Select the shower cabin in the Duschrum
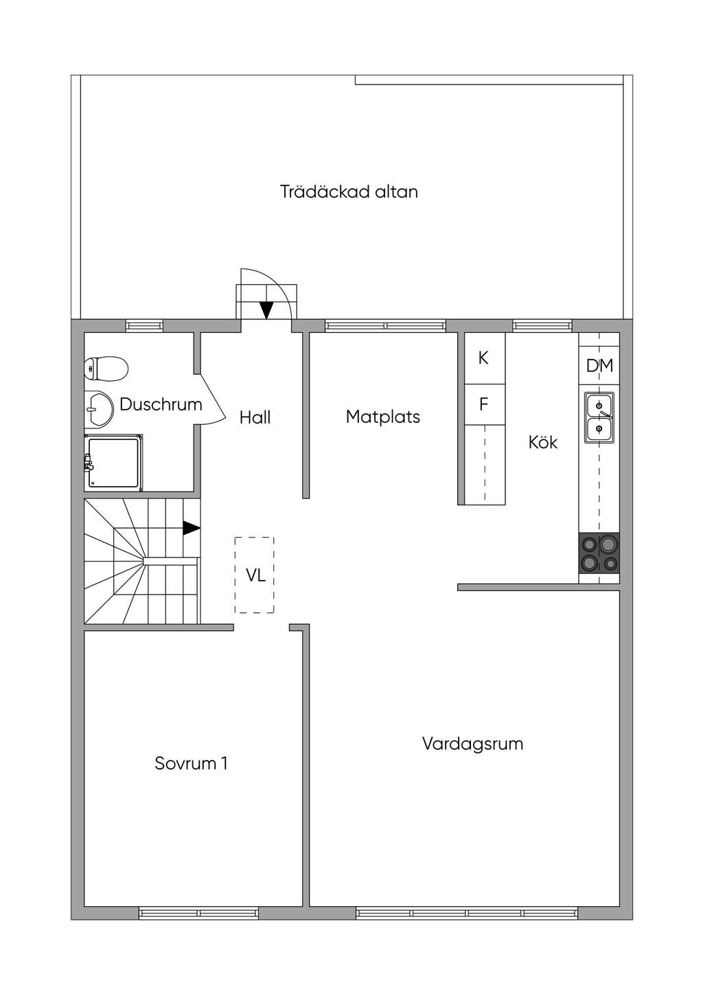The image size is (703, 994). pos(113,463)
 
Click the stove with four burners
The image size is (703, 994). pos(599,554)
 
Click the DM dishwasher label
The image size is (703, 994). pos(599,366)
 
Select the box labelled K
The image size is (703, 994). pos(484,358)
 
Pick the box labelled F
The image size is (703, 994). pos(484,405)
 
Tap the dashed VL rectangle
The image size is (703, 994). pos(255,575)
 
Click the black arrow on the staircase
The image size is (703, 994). pos(191,528)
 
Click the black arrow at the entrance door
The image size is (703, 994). pos(266,310)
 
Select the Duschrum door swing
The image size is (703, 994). pos(212,400)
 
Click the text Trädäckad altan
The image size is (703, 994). pos(349,192)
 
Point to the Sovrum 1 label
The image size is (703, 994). pos(191,763)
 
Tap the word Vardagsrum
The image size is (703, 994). pos(472,743)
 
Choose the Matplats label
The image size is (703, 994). pos(383,417)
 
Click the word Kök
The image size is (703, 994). pos(543,442)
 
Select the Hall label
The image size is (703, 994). pos(255,417)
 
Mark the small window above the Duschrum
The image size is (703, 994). pos(144,326)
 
